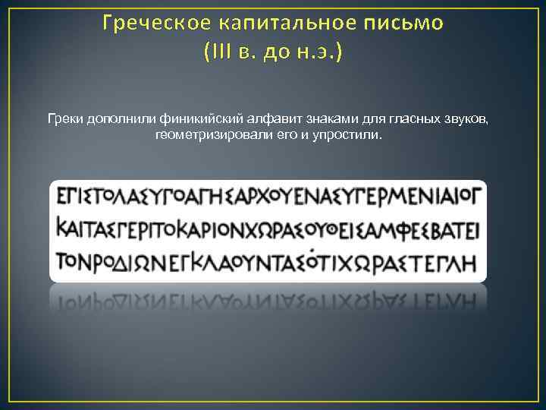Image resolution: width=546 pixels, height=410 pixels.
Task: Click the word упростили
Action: pos(354,134)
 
